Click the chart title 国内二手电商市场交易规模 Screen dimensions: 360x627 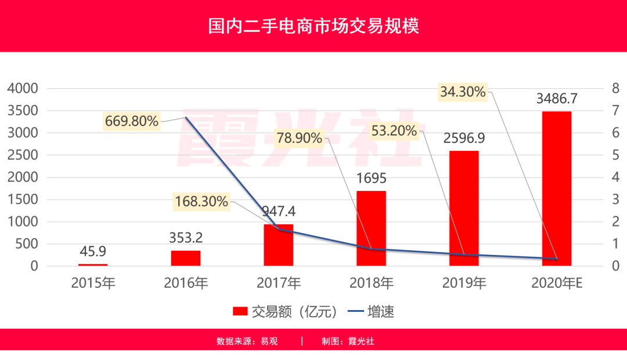[313, 26]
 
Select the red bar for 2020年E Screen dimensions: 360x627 [557, 188]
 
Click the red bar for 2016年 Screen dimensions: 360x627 [186, 258]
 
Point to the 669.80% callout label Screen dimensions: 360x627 [132, 121]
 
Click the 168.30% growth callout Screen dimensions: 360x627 [201, 201]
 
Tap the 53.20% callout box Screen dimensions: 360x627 [395, 131]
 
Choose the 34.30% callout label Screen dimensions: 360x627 [462, 91]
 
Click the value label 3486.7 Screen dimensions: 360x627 [557, 98]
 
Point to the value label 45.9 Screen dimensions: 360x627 [93, 252]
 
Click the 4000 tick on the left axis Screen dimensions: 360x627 [22, 88]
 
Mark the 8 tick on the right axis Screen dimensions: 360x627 [615, 88]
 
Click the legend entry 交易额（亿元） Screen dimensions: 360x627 [284, 311]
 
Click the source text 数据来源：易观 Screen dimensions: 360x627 [247, 341]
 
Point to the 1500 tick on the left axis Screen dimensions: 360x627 [22, 199]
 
